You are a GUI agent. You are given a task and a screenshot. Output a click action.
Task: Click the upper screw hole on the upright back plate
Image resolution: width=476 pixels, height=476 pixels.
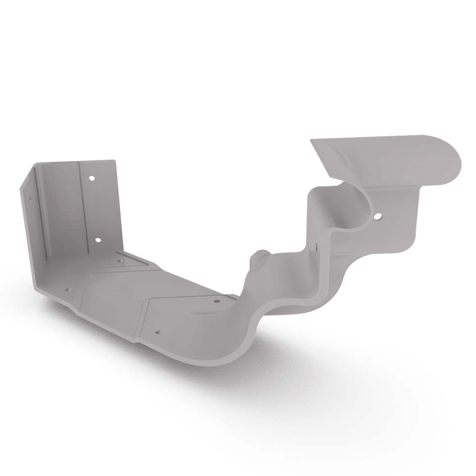pyautogui.click(x=92, y=178)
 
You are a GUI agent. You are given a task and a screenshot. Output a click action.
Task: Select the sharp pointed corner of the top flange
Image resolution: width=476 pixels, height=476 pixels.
pyautogui.click(x=311, y=140)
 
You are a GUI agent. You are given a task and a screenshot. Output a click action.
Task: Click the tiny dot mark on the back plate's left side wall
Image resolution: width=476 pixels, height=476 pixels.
pyautogui.click(x=31, y=197)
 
